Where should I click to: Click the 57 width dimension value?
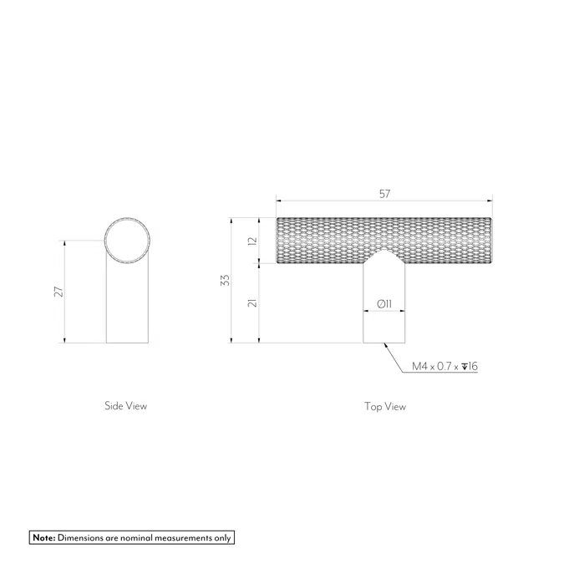pyautogui.click(x=384, y=194)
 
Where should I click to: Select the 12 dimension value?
pyautogui.click(x=253, y=241)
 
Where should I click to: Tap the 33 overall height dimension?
pyautogui.click(x=225, y=280)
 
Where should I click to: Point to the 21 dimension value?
pyautogui.click(x=253, y=302)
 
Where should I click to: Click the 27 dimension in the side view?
pyautogui.click(x=58, y=292)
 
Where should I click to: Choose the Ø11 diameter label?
pyautogui.click(x=384, y=304)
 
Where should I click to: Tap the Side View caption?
pyautogui.click(x=126, y=406)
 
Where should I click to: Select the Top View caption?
pyautogui.click(x=385, y=406)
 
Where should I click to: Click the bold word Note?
pyautogui.click(x=44, y=538)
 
